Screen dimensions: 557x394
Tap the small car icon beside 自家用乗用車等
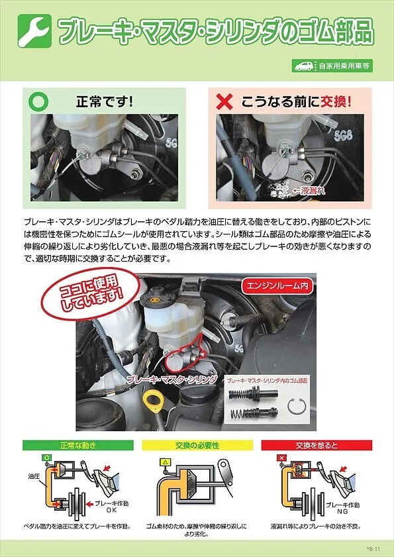(304, 66)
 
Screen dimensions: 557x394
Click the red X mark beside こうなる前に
(225, 102)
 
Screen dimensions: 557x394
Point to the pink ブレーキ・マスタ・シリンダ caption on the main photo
(172, 379)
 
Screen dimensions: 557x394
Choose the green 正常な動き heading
(77, 446)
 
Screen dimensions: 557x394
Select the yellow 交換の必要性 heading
(196, 446)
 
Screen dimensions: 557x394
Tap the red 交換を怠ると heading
(316, 446)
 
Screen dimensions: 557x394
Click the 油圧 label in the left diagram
(34, 476)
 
